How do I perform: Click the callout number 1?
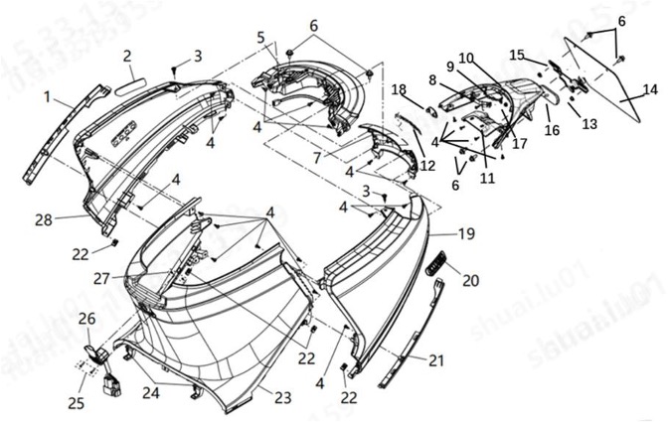(x=46, y=96)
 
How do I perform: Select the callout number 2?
(x=127, y=55)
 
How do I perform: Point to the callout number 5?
(x=260, y=38)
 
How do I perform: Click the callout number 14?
(x=649, y=89)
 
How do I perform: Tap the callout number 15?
(x=517, y=54)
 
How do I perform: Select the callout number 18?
(x=399, y=88)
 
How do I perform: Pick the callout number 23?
(x=283, y=398)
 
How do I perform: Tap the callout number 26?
(x=87, y=319)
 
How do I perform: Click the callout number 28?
(x=43, y=219)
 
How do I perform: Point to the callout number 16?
(x=553, y=129)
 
